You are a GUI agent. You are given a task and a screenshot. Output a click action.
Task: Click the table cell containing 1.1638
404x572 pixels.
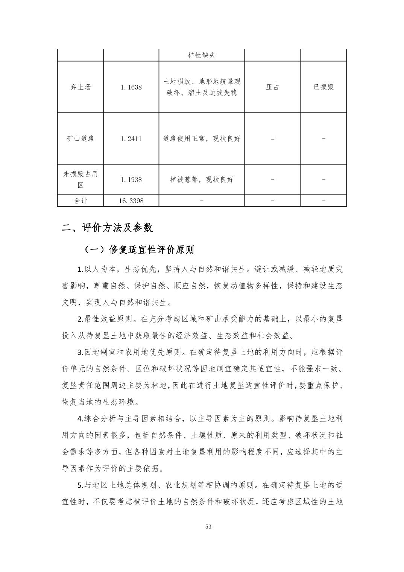(131, 87)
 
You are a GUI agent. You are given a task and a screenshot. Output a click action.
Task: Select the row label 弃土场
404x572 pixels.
(80, 87)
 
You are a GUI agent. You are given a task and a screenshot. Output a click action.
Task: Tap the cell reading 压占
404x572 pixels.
(272, 87)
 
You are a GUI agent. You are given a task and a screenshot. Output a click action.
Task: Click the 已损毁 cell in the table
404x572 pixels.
(324, 87)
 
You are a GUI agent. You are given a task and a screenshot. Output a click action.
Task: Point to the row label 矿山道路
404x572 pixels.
(80, 138)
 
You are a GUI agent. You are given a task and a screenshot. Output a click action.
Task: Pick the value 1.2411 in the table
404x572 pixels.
(131, 138)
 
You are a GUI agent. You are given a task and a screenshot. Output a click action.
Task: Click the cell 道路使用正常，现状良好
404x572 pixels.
(202, 138)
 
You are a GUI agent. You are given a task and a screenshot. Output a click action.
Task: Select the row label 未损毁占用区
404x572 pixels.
(80, 180)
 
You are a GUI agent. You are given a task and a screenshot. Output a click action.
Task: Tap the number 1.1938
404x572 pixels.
(131, 180)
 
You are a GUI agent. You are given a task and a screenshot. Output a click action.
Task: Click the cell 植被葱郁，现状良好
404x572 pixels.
(202, 180)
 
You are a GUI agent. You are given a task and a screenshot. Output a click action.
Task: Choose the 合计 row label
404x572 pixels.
(80, 201)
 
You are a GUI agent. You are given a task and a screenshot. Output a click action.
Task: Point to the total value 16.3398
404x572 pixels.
(131, 201)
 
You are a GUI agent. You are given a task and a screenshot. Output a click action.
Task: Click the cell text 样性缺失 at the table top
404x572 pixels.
(202, 55)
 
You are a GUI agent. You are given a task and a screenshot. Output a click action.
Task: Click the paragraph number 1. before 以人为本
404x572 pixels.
(80, 269)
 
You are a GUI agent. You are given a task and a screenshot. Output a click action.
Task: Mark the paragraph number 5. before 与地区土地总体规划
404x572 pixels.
(80, 485)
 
